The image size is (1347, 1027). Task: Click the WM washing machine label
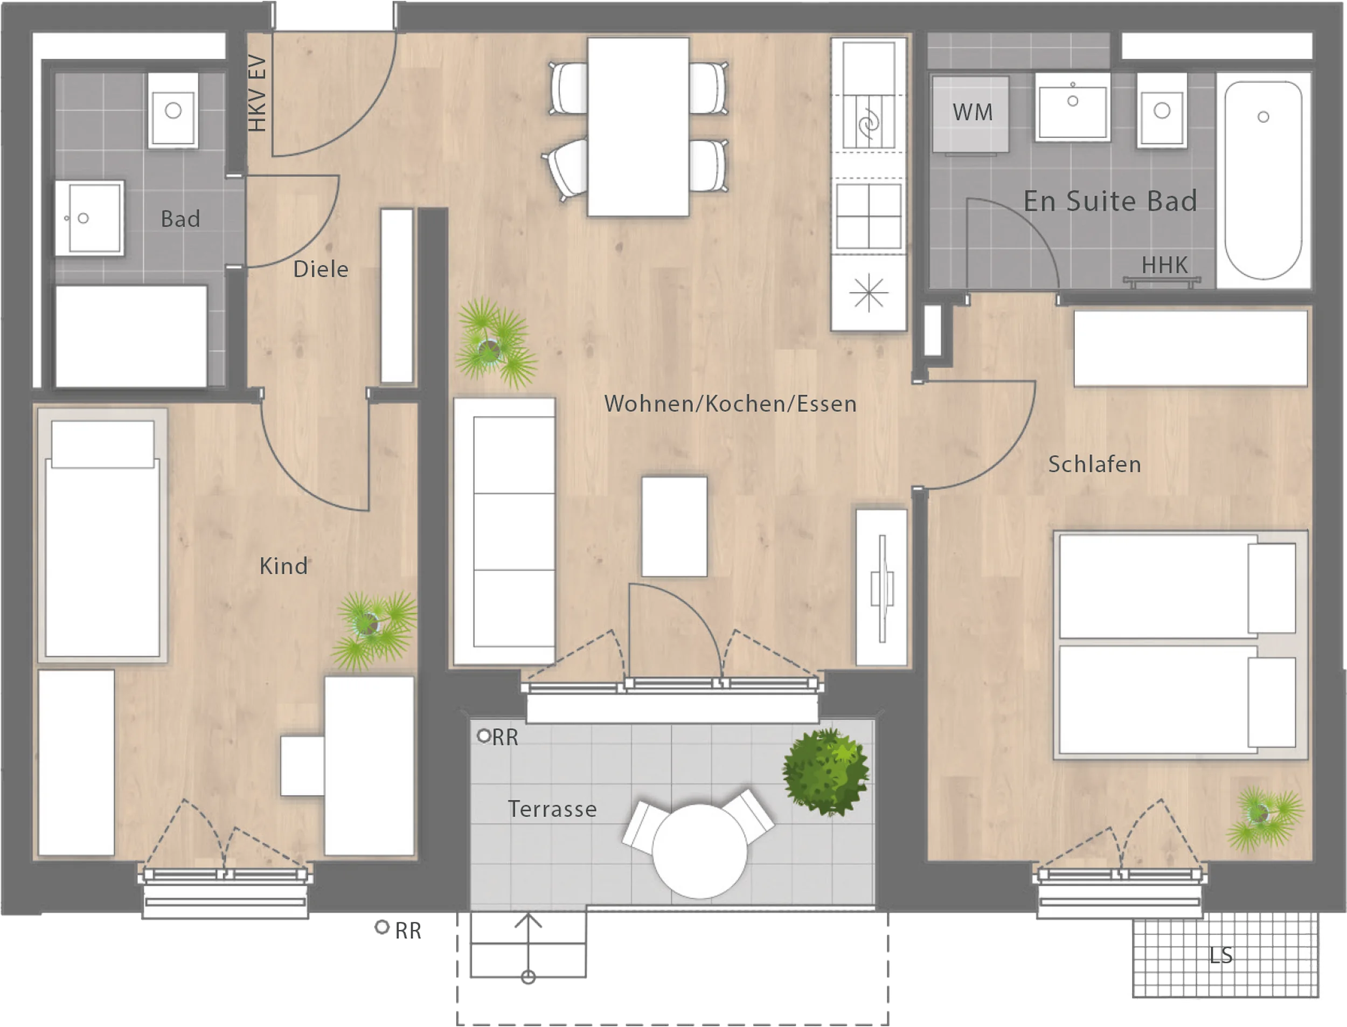click(973, 113)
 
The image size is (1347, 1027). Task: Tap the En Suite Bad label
click(1110, 201)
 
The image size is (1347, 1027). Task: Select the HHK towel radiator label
click(1165, 265)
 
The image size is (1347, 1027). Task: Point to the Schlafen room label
click(1095, 464)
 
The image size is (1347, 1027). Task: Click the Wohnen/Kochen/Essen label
click(730, 404)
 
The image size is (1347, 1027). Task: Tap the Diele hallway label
click(321, 269)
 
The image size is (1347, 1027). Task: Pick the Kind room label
click(283, 566)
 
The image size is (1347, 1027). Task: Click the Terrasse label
click(552, 809)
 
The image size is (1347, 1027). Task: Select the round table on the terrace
click(700, 851)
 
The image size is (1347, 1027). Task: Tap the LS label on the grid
click(1221, 955)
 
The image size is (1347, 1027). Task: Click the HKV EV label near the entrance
click(258, 94)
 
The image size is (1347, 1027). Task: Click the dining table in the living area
click(638, 127)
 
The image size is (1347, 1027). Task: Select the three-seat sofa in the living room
click(504, 531)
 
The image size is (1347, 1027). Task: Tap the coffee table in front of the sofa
click(674, 527)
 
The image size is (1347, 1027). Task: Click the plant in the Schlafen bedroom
click(1264, 818)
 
